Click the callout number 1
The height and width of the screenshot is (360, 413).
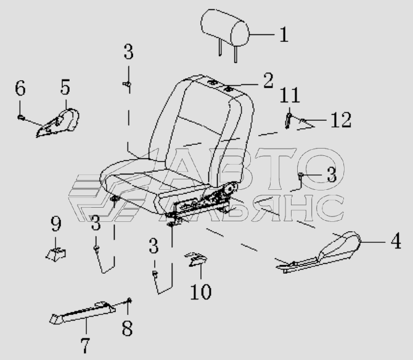coord(284,35)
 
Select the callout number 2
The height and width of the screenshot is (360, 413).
coord(268,81)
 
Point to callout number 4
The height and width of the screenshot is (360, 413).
coord(396,240)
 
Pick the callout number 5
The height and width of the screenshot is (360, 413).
coord(65,87)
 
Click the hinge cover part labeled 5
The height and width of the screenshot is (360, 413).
coord(59,123)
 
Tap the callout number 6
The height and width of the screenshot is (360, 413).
coord(20,88)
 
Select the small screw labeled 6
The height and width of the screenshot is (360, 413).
coord(21,118)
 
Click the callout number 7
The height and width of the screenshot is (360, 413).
coord(85,345)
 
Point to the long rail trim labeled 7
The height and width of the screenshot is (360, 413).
coord(83,313)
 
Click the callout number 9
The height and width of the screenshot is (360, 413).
coord(56,224)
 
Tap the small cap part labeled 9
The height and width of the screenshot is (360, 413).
coord(56,255)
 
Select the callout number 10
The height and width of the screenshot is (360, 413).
coord(201,292)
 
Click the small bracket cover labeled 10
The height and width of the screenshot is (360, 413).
coord(196,259)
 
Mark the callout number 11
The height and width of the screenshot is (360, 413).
coord(290,95)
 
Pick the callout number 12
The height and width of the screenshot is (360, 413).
coord(341,120)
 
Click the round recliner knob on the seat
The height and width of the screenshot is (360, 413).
coord(231,188)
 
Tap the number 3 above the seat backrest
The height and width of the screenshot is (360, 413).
coord(129,52)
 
